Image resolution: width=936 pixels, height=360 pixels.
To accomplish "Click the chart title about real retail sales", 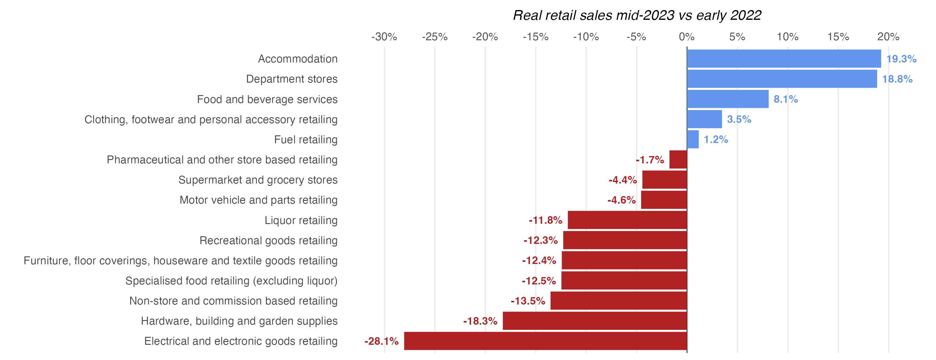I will tap(637, 15).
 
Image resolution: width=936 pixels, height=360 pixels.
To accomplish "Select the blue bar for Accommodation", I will tap(784, 59).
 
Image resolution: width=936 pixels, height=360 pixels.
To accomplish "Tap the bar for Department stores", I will tap(781, 79).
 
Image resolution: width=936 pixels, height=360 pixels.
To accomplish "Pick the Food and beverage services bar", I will tap(727, 99).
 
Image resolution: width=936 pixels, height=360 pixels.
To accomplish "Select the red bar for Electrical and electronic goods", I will tap(545, 341).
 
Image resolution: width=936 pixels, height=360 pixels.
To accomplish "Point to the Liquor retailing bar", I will tap(627, 220).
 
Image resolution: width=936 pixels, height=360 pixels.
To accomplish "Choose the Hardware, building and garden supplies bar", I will tap(595, 321).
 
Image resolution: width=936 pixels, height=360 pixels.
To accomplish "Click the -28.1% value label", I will tap(381, 341).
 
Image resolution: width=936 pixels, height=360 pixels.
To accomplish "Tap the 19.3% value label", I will tap(901, 59).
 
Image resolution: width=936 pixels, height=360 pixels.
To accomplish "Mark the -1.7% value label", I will tap(650, 160).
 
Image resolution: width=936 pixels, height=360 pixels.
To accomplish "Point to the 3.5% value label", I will tap(739, 119).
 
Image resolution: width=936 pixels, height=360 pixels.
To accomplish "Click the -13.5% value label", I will tap(528, 301).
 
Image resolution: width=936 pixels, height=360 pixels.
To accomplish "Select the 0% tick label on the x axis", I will tap(686, 37).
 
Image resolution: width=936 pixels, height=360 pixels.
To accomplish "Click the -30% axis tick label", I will tap(384, 37).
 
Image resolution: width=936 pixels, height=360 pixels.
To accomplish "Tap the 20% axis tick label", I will tap(888, 37).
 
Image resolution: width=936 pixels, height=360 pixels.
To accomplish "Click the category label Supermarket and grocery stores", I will tap(258, 180).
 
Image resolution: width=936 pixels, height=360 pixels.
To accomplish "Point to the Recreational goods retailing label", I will tap(268, 240).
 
